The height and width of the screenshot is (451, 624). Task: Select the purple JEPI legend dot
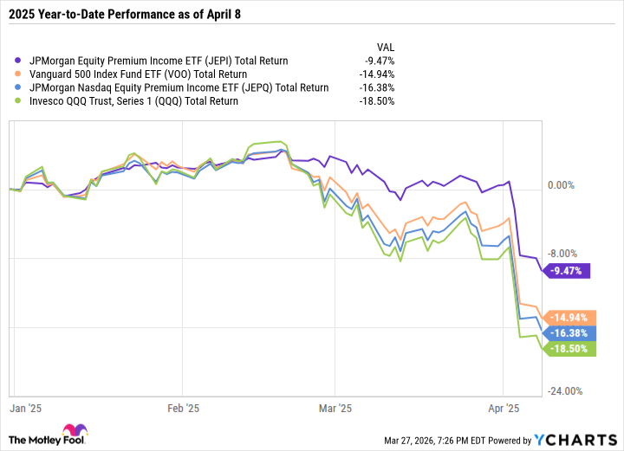pyautogui.click(x=20, y=61)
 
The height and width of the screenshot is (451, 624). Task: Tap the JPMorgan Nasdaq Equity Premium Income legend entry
pyautogui.click(x=179, y=87)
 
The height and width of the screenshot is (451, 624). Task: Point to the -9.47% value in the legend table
pyautogui.click(x=379, y=61)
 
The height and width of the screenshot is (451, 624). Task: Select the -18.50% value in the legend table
pyautogui.click(x=377, y=100)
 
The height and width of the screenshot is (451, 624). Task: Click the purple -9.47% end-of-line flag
pyautogui.click(x=569, y=271)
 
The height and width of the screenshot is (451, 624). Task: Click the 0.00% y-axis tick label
pyautogui.click(x=562, y=185)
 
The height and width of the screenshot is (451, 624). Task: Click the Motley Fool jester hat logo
pyautogui.click(x=69, y=432)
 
